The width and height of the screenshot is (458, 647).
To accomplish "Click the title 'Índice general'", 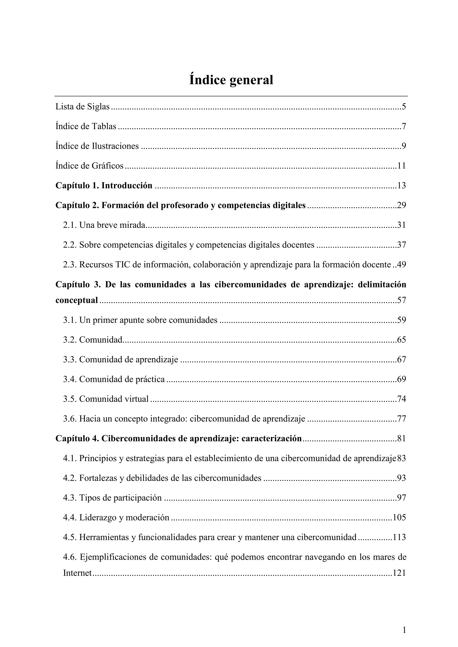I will (x=231, y=80).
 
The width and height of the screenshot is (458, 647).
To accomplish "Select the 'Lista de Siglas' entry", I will (x=82, y=107).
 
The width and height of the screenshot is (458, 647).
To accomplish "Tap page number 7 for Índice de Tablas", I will (x=404, y=126).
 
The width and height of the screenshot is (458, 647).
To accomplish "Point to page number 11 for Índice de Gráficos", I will (x=401, y=166).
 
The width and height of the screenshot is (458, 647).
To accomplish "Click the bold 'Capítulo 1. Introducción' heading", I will (x=104, y=185).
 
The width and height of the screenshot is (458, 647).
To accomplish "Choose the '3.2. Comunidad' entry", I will (x=93, y=340).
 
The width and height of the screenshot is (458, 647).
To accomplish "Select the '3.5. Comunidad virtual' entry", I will (x=106, y=399).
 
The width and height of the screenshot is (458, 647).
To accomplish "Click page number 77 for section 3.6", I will (x=401, y=419).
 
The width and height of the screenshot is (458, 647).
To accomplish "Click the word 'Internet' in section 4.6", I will (x=78, y=573).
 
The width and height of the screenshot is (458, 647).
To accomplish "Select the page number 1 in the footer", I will (x=404, y=630).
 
